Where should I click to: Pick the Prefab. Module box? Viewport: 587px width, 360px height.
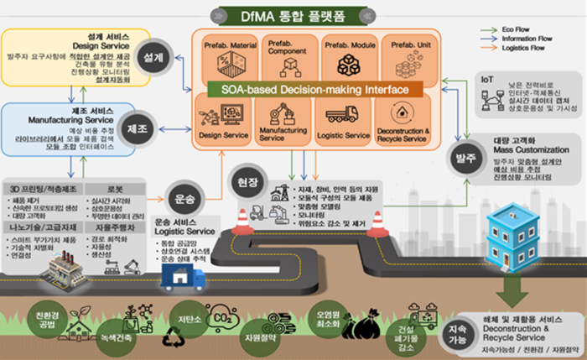point(347,57)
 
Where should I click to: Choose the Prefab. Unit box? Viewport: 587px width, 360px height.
point(407,57)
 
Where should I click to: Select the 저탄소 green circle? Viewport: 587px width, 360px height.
point(187,316)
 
